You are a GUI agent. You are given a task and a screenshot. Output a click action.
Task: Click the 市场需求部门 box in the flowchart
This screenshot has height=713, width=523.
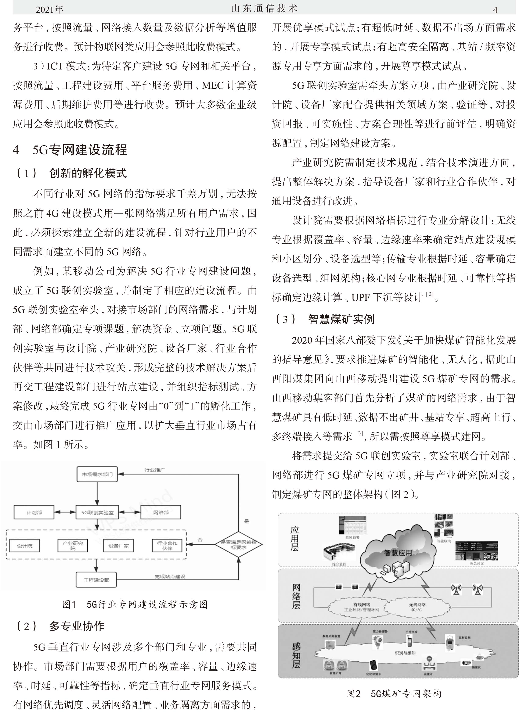97,474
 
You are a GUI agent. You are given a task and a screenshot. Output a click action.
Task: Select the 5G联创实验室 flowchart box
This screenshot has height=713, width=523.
97,512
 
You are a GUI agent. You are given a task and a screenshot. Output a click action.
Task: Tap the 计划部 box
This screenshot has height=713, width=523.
34,512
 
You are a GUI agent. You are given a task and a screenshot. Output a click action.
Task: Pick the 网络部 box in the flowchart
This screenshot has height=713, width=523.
161,512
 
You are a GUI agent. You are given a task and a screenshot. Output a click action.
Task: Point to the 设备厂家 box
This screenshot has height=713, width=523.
118,545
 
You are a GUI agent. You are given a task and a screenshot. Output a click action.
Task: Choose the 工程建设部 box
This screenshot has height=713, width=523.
96,580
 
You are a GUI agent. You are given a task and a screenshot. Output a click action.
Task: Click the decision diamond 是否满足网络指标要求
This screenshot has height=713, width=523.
238,545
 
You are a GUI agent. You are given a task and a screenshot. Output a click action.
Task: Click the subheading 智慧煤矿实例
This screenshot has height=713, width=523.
341,319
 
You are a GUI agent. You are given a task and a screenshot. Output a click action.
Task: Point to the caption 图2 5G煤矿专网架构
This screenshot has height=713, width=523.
394,694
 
